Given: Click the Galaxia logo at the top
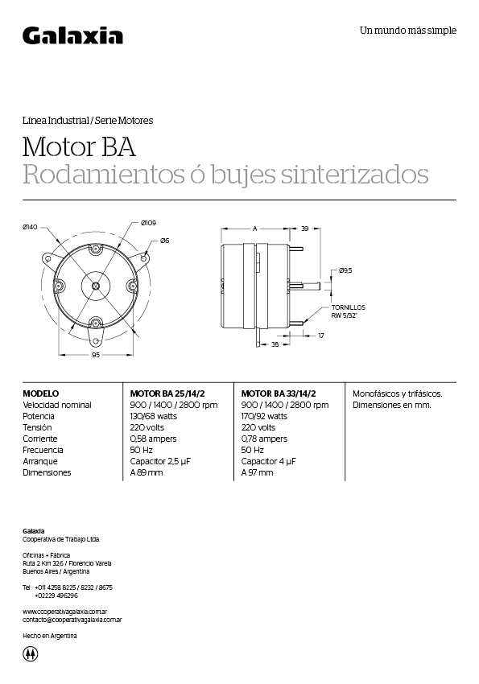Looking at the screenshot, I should click(72, 35).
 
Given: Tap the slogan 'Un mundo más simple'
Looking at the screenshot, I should click(407, 31).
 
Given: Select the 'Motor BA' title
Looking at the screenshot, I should click(79, 147).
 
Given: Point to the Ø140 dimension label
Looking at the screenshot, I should click(31, 227).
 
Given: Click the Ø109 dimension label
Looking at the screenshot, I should click(148, 223).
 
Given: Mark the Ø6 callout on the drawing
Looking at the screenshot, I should click(164, 241).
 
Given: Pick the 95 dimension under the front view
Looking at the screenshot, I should click(96, 354).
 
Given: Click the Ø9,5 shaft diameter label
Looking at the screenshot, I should click(346, 270).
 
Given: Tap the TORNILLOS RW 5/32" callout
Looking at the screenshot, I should click(348, 311).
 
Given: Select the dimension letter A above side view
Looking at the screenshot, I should click(255, 229).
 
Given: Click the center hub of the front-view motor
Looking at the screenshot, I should click(96, 285).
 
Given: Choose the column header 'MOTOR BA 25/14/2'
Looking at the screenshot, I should click(167, 394).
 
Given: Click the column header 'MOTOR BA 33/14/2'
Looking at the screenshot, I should click(279, 394).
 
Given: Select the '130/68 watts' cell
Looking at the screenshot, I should click(153, 416).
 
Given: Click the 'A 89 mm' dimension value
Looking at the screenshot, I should click(147, 472).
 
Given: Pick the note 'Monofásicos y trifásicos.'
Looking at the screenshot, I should click(398, 394).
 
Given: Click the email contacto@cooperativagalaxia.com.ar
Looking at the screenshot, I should click(72, 620).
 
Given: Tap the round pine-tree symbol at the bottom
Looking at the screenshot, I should click(31, 653).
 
